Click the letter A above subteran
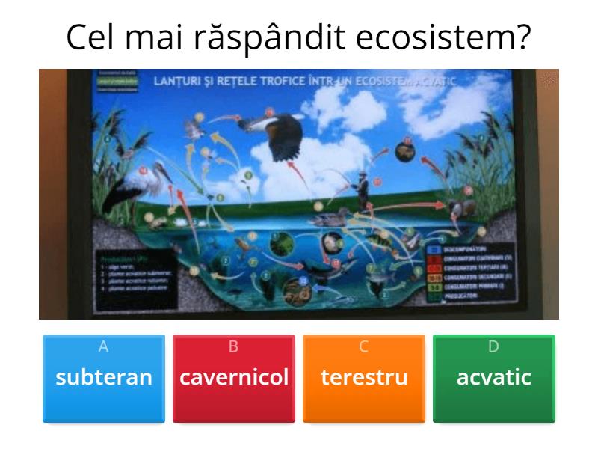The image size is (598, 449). [104, 346]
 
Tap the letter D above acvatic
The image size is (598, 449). [494, 346]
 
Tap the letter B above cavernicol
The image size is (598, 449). [234, 346]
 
